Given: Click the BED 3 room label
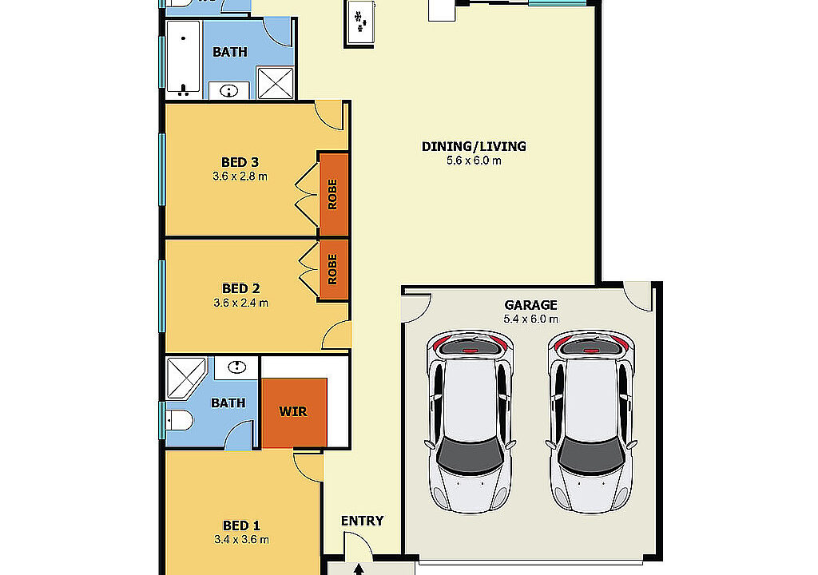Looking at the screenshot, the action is point(240,162).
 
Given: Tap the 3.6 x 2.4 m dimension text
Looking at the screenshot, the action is point(241,303).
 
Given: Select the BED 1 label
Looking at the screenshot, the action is point(241,525).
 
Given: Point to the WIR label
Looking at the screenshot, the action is point(293,411).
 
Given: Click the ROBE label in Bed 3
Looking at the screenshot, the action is point(332,195).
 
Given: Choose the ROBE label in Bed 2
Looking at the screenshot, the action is point(332,269).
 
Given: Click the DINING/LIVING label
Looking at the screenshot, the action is point(474,147).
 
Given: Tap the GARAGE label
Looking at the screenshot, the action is point(530,305).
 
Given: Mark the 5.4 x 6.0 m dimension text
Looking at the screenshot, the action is point(530,319).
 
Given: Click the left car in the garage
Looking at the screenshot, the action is point(471,422).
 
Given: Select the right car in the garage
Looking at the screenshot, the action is point(591,422).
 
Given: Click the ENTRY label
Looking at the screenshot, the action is point(363,521).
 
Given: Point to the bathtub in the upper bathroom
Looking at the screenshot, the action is point(183,57).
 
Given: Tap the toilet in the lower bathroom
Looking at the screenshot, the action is point(179,420).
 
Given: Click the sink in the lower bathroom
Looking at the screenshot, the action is point(236,367).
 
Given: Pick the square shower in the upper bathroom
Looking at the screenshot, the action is point(276,83).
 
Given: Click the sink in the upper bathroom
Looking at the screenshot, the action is point(229,91).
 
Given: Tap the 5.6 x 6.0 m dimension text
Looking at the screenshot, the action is point(474,161).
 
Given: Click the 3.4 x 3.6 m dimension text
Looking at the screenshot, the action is point(241,540).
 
